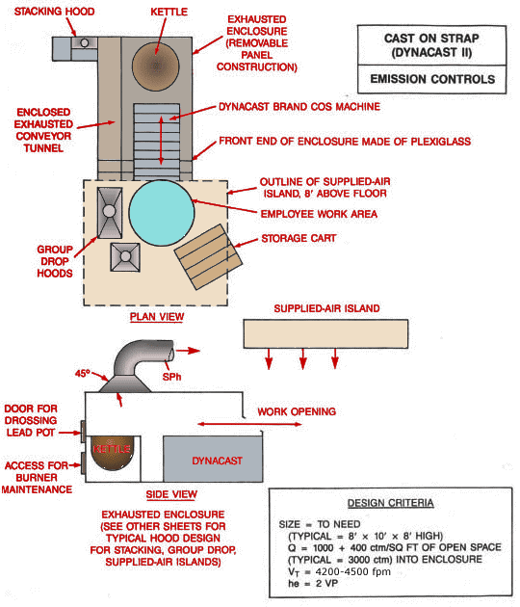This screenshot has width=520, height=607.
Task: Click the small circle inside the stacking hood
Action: (84, 42)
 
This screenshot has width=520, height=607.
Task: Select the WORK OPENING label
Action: (297, 411)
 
